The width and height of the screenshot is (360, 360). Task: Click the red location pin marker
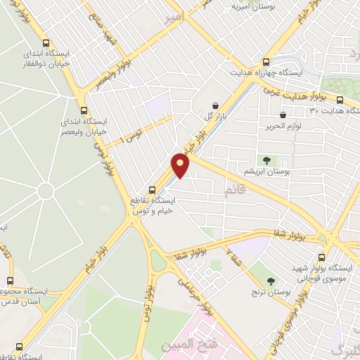point(181,165)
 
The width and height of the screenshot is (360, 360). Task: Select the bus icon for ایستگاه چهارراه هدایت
point(266,62)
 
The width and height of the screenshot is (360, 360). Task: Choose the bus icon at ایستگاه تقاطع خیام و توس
point(152,189)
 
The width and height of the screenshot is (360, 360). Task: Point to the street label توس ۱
point(131,133)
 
